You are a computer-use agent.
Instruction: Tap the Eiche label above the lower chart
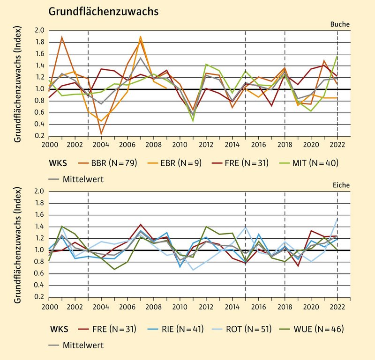coord(340,185)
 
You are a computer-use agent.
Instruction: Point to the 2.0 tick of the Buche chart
coord(39,30)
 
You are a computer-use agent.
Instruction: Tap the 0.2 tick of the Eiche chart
coord(39,297)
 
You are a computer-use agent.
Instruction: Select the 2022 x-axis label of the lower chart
coord(337,307)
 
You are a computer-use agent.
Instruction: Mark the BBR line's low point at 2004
coord(102,133)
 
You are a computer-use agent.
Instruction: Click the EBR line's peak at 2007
coord(141,37)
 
